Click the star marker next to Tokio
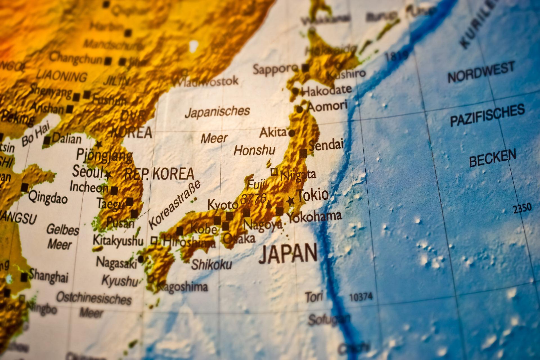click(290, 201)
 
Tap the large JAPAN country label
click(288, 254)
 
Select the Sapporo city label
click(275, 69)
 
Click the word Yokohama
click(314, 217)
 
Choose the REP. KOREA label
click(159, 174)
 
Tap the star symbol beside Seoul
click(108, 175)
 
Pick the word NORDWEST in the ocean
click(481, 73)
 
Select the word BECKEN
click(492, 158)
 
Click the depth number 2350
click(522, 208)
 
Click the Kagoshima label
click(182, 287)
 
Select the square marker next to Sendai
click(303, 154)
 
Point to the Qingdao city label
click(48, 198)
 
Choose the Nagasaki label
click(116, 263)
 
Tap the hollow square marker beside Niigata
click(274, 172)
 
